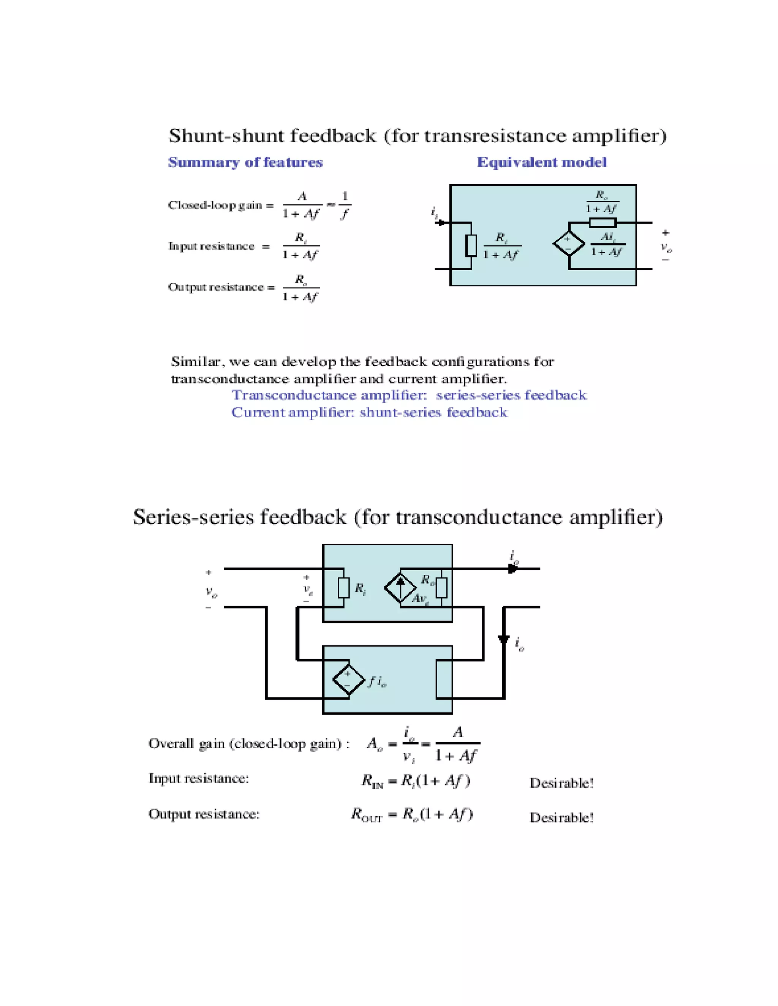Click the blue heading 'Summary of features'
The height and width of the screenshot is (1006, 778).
(245, 162)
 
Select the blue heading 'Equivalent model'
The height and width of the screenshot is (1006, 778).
(542, 162)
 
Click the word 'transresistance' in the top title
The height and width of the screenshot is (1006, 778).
(495, 136)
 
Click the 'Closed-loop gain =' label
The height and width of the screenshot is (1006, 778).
(221, 205)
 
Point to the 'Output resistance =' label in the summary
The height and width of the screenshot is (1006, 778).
(221, 287)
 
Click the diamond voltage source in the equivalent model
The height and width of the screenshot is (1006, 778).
(569, 244)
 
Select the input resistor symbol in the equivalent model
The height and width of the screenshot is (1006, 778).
(471, 245)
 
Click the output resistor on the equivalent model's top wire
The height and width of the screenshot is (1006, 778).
(602, 223)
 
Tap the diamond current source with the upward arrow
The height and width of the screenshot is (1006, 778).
(400, 588)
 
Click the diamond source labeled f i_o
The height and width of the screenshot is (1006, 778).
(349, 680)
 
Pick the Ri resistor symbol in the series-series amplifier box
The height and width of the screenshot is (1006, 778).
(343, 588)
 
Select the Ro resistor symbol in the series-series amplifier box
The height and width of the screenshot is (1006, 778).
(441, 588)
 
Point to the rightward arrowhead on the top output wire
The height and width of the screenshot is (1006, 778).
(512, 569)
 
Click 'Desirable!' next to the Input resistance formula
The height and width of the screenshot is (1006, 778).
(561, 783)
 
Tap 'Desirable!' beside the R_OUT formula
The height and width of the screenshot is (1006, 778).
(561, 818)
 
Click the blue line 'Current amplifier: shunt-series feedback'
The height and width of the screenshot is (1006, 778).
(369, 412)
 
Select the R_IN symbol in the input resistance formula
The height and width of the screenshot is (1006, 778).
(372, 781)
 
